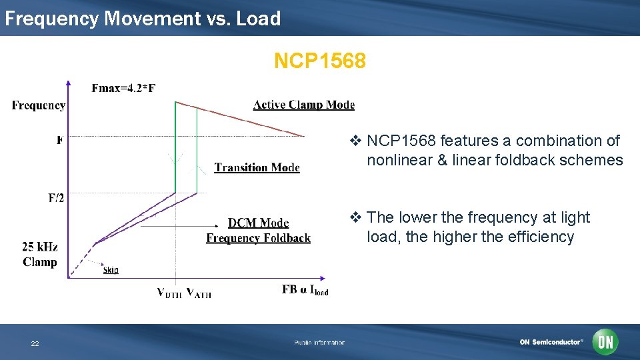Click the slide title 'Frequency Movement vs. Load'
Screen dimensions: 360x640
coord(143,19)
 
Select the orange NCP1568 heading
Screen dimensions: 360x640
coord(319,61)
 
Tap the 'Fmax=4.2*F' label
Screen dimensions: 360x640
coord(123,88)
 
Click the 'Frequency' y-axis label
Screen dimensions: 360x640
coord(39,105)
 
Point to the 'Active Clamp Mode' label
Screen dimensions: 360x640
coord(304,105)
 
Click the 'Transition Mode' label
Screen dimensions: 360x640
coord(257,168)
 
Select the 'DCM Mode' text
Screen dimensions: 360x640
coord(258,223)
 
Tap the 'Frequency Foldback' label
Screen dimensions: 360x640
coord(258,238)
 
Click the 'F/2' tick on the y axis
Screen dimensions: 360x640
coord(56,198)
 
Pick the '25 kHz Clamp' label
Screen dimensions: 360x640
coord(40,255)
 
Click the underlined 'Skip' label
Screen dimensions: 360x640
coord(111,270)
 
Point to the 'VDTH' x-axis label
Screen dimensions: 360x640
coord(169,293)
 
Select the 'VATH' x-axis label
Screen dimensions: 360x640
coord(199,293)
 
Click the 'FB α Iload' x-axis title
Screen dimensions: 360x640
coord(305,290)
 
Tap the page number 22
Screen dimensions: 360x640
coord(35,343)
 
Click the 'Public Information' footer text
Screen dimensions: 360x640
coord(319,343)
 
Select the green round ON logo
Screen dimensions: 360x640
coord(606,342)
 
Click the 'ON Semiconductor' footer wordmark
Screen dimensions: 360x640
coord(551,342)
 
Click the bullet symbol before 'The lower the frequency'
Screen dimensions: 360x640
coord(356,217)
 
